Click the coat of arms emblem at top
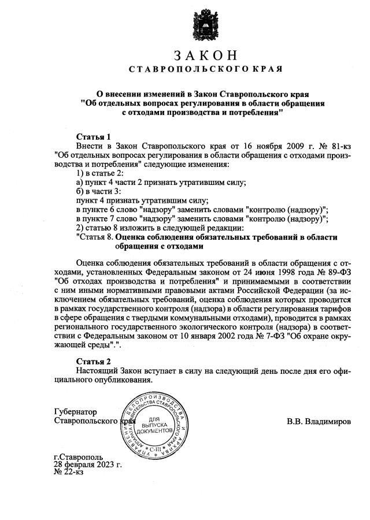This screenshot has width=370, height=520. point(205,24)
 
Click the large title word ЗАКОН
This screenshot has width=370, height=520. point(205,55)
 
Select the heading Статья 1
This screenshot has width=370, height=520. point(93,137)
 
